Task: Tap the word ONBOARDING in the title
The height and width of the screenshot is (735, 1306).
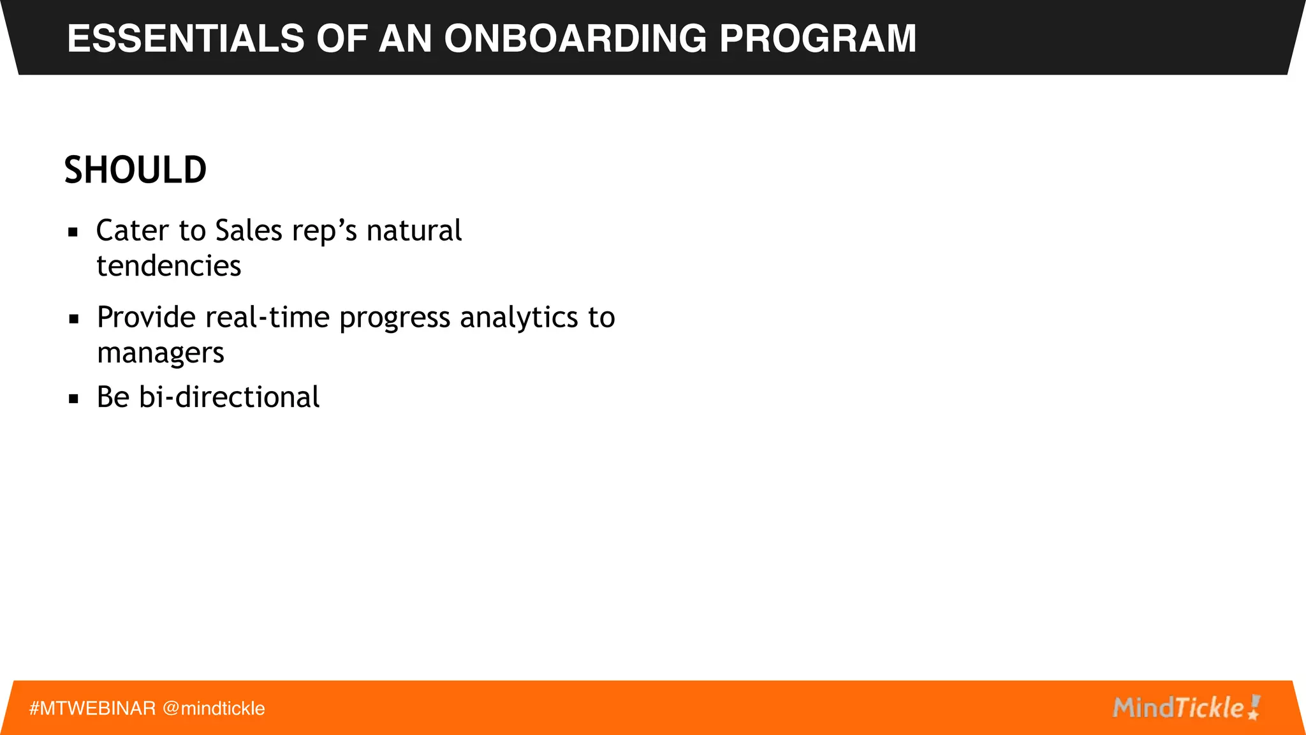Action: (x=575, y=38)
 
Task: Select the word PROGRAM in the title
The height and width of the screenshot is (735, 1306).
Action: (x=818, y=38)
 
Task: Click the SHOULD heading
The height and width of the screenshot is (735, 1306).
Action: (x=135, y=170)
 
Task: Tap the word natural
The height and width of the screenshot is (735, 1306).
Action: (x=414, y=230)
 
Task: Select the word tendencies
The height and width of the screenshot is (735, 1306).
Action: (x=169, y=266)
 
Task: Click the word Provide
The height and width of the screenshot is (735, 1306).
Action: (x=146, y=317)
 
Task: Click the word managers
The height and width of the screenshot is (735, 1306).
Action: (x=161, y=353)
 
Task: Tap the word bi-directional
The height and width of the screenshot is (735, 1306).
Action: (x=229, y=397)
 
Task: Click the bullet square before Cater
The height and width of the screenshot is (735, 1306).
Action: (x=73, y=232)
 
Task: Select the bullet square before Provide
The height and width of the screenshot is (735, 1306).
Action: (x=74, y=319)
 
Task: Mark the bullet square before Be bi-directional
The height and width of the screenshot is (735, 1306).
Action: (x=74, y=399)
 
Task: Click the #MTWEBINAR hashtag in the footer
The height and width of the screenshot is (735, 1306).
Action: (x=92, y=708)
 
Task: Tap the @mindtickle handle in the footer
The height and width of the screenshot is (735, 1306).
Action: (x=214, y=708)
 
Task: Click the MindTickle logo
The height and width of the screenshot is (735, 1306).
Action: (x=1186, y=708)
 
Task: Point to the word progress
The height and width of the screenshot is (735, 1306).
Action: (x=395, y=318)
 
